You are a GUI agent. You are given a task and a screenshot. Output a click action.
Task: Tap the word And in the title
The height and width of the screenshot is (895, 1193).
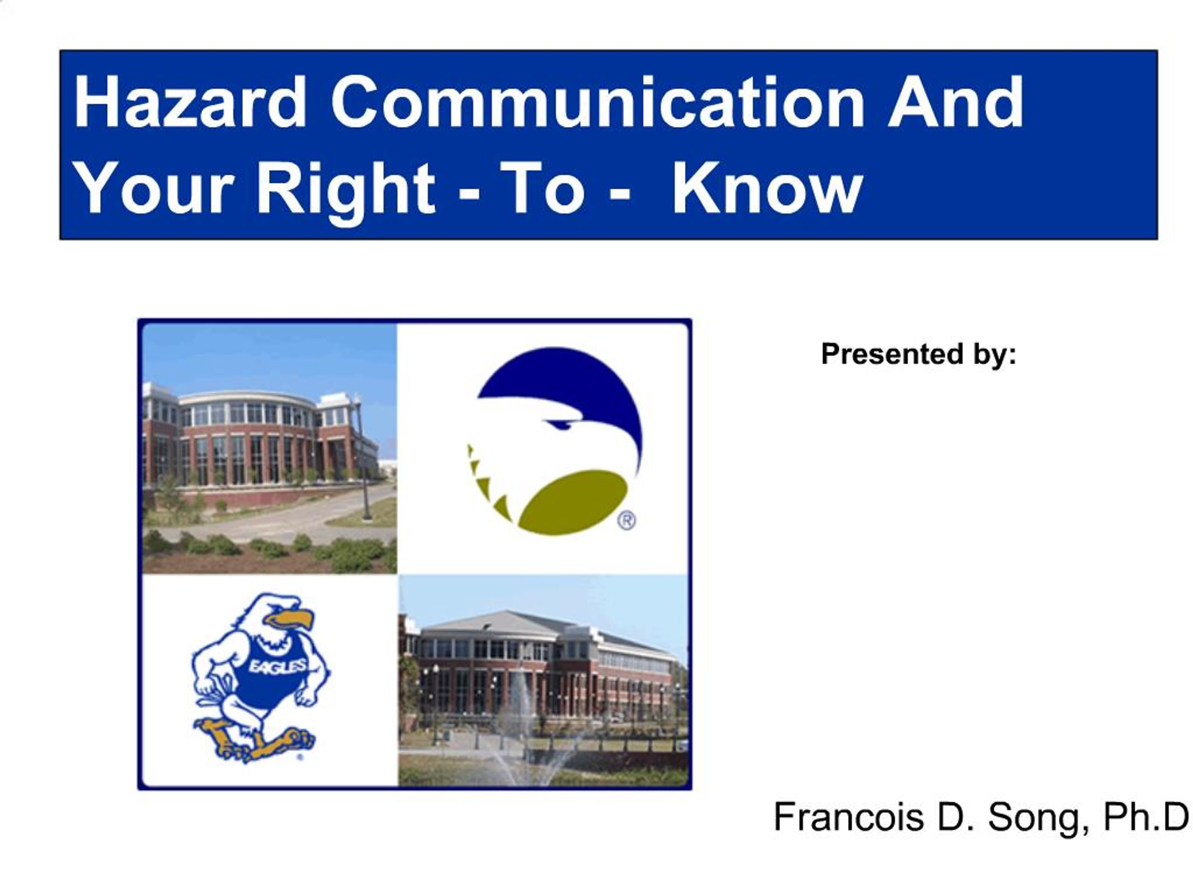tap(954, 103)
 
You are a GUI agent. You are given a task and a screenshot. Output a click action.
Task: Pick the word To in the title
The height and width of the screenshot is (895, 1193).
tap(542, 189)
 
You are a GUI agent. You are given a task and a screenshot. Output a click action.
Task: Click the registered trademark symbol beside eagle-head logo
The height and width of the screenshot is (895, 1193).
tap(626, 521)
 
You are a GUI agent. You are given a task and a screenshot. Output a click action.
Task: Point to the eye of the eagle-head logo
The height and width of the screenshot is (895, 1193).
tap(559, 424)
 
